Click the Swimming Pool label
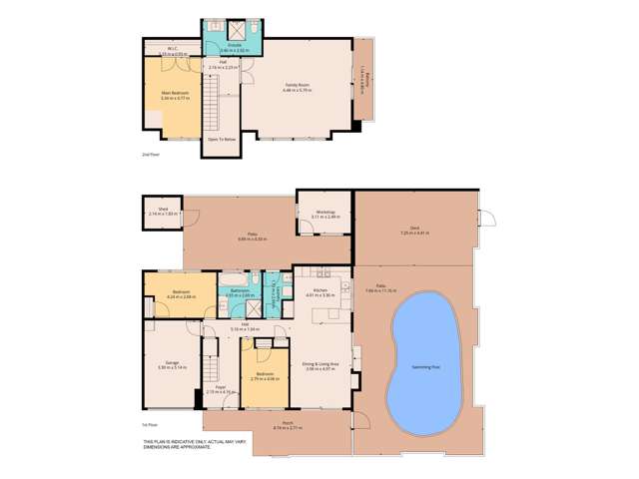pyautogui.click(x=428, y=366)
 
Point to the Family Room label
pyautogui.click(x=299, y=88)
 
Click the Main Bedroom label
pyautogui.click(x=175, y=95)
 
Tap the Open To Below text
pyautogui.click(x=221, y=139)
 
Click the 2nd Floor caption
pyautogui.click(x=149, y=155)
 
